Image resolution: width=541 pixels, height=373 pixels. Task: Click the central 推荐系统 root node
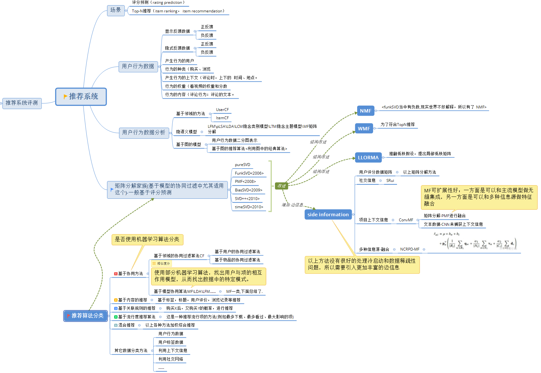tap(81, 97)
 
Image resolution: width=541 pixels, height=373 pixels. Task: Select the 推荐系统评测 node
tap(22, 103)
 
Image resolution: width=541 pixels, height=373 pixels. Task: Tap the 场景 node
tap(116, 10)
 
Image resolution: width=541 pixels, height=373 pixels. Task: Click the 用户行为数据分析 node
tap(144, 132)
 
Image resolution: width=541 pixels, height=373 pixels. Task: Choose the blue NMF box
tap(365, 111)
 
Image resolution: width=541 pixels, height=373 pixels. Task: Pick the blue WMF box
tap(364, 128)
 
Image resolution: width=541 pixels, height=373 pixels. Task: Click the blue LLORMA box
tap(368, 157)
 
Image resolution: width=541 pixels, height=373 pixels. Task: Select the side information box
tap(328, 214)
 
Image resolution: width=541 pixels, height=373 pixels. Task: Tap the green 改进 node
tap(281, 186)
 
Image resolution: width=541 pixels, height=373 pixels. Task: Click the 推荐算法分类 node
tap(86, 315)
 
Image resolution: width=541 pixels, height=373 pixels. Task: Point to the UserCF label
tap(222, 110)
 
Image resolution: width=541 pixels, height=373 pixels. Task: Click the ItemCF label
tap(222, 118)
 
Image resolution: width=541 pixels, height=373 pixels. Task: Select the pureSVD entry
tap(242, 165)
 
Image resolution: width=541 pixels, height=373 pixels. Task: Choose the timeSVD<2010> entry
tap(249, 207)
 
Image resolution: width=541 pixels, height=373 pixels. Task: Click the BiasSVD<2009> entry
tap(249, 190)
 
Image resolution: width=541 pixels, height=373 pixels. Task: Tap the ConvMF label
tap(406, 220)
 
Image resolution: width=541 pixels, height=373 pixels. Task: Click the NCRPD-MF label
tap(409, 249)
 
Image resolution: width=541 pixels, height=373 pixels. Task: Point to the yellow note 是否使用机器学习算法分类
tap(147, 239)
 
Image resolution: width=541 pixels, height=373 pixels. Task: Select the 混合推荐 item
tap(126, 325)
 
